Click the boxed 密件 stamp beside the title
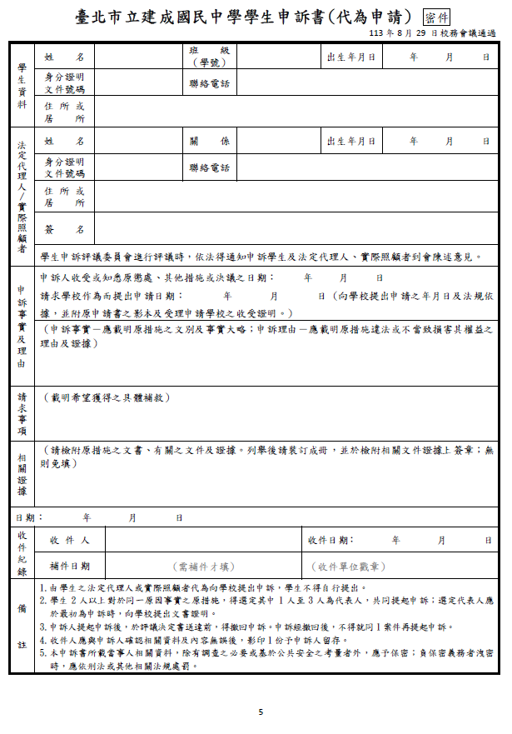point(437,17)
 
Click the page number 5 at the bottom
point(261,712)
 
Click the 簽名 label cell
point(65,229)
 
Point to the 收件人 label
point(70,541)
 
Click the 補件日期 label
point(70,567)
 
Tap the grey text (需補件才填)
point(204,567)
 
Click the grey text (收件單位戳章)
point(350,567)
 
